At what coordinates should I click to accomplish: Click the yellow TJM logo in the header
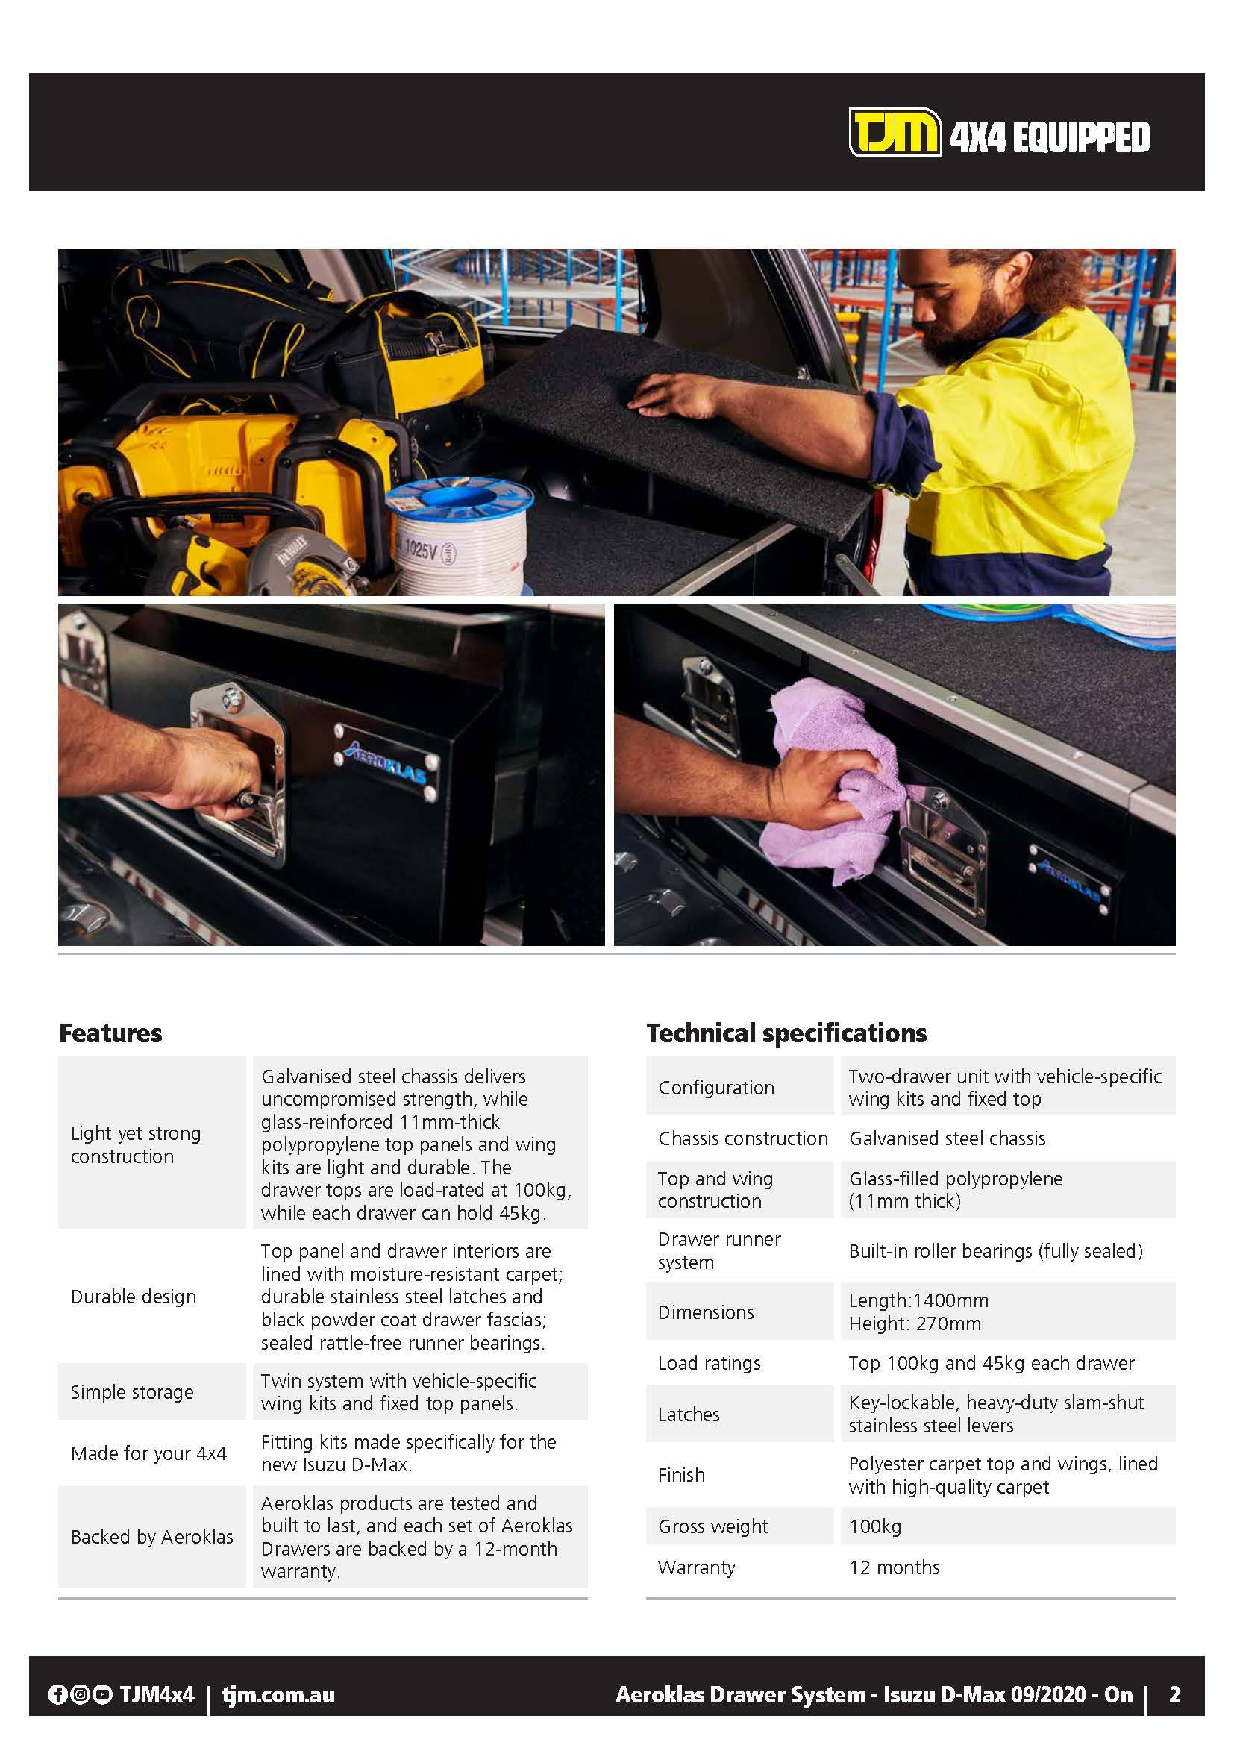coord(894,133)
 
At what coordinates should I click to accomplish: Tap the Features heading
coord(110,1033)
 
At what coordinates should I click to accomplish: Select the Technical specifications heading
coord(786,1033)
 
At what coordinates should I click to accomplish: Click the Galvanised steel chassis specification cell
coord(947,1138)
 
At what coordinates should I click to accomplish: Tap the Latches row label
coord(689,1414)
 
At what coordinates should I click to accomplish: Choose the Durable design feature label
coord(133,1296)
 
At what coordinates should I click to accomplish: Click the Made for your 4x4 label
coord(148,1453)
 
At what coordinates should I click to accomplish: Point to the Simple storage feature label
coord(131,1391)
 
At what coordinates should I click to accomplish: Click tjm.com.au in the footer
coord(278,1694)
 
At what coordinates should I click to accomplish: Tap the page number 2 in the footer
coord(1174,1694)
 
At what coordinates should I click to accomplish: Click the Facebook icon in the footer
coord(57,1694)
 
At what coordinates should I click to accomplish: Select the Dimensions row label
coord(706,1312)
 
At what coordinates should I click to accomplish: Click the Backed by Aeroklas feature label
coord(152,1536)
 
